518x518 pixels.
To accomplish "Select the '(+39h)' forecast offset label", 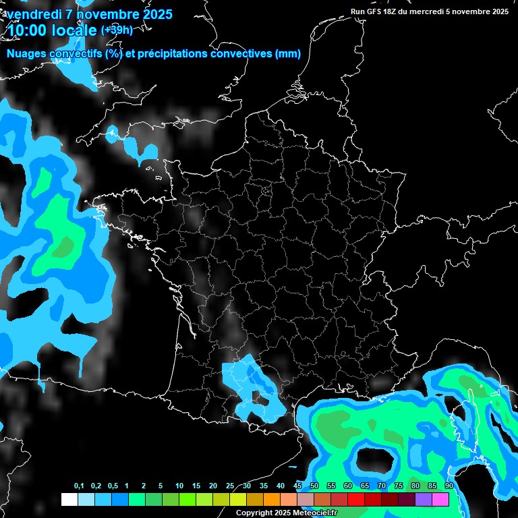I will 117,30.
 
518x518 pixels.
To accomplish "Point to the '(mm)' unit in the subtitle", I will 288,54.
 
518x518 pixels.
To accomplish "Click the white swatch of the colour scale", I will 69,500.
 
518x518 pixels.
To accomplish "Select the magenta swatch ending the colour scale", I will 440,500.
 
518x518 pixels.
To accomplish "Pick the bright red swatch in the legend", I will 356,500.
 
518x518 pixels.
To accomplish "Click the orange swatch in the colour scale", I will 272,500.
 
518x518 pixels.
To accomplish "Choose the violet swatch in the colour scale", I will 424,500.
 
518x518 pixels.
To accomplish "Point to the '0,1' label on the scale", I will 79,486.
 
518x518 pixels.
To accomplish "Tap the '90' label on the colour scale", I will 449,486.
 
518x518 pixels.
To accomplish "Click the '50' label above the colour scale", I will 314,486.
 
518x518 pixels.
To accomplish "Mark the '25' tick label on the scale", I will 230,486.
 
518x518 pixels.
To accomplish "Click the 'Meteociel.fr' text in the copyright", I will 315,513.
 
